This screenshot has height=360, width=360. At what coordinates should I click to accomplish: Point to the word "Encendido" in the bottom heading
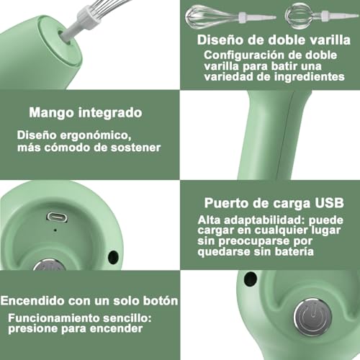[x=35, y=300]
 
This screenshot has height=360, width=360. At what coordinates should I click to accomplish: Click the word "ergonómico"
[x=96, y=134]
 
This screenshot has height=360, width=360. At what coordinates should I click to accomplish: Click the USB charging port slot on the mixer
[x=57, y=217]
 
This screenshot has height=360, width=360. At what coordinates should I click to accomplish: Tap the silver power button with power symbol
[x=309, y=317]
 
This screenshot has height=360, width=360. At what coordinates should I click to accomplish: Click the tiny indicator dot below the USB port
[x=55, y=230]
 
